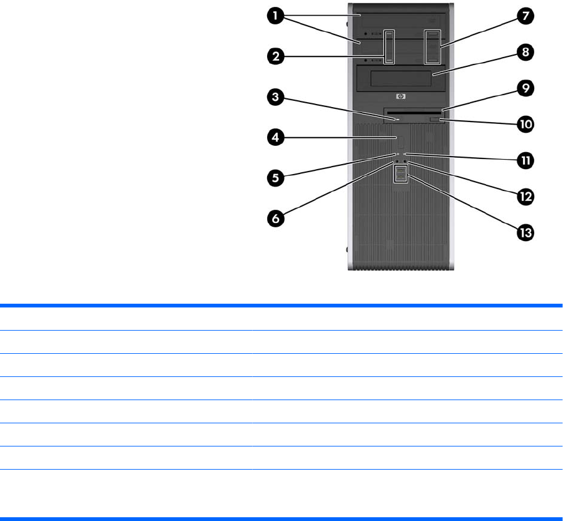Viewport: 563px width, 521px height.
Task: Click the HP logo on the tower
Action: tap(400, 96)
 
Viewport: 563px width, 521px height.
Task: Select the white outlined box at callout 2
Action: tap(389, 46)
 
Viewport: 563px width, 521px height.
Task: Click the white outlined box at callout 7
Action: tap(433, 46)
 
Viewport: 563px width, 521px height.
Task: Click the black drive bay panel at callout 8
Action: tap(400, 78)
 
